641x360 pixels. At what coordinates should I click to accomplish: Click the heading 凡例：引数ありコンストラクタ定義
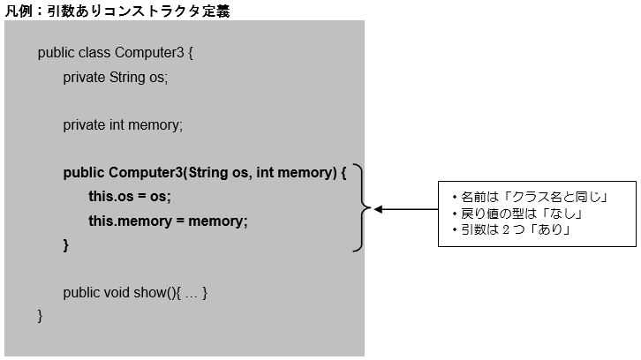click(x=118, y=10)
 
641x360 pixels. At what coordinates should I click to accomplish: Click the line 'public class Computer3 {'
click(x=115, y=53)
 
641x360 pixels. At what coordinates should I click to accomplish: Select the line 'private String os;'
click(x=115, y=77)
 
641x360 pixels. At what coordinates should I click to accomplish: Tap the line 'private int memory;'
click(x=123, y=125)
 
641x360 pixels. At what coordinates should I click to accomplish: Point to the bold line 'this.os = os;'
click(x=130, y=196)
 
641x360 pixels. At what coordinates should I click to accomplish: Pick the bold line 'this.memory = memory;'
click(x=169, y=220)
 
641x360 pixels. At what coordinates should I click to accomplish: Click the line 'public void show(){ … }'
click(x=135, y=292)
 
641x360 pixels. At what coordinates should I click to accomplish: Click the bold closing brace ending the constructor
click(x=66, y=244)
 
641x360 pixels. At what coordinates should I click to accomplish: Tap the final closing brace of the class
click(x=41, y=315)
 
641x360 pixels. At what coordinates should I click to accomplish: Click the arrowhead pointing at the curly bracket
click(x=379, y=210)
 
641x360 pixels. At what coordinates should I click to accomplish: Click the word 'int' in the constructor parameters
click(x=265, y=172)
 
